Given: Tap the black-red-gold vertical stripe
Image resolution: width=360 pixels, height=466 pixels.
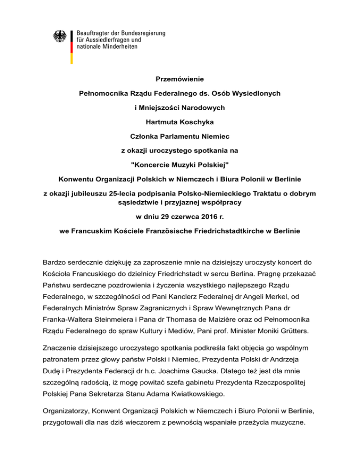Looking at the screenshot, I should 71,47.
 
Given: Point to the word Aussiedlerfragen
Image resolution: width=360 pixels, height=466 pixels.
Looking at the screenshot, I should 112,41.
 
